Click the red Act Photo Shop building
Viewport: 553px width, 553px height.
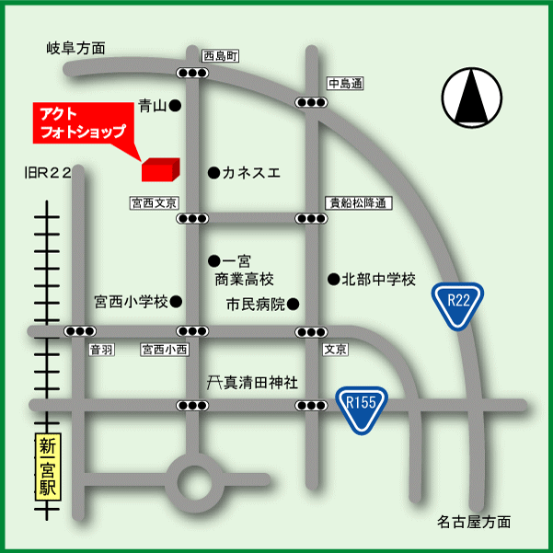158,168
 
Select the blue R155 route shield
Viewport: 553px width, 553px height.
362,406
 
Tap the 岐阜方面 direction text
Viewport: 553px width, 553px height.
76,48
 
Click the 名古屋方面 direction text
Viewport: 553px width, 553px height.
474,522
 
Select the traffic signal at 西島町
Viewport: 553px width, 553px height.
193,74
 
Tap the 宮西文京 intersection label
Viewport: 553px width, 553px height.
154,201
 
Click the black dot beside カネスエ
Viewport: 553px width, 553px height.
213,172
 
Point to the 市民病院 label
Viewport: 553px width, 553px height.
257,303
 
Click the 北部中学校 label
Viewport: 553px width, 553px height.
379,279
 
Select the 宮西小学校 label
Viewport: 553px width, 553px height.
132,301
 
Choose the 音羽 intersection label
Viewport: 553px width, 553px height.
100,350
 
